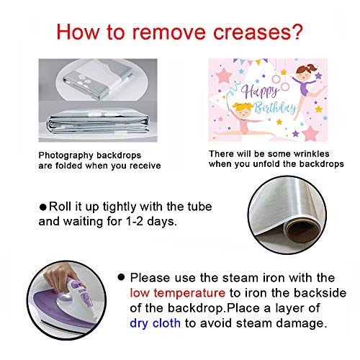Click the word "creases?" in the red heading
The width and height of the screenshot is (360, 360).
[258, 32]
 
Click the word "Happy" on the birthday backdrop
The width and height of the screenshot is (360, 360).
[260, 91]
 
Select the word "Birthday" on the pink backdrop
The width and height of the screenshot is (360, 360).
[275, 108]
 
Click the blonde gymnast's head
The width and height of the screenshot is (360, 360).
[243, 109]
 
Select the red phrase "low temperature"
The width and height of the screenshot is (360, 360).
[177, 293]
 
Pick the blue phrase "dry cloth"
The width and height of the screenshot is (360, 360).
[155, 323]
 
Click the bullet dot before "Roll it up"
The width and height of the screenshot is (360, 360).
[43, 207]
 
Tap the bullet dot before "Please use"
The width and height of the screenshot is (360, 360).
[121, 277]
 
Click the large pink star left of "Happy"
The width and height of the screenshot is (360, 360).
[224, 76]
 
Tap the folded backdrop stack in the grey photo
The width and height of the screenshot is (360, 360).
[98, 124]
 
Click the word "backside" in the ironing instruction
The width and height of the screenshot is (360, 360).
[320, 293]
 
